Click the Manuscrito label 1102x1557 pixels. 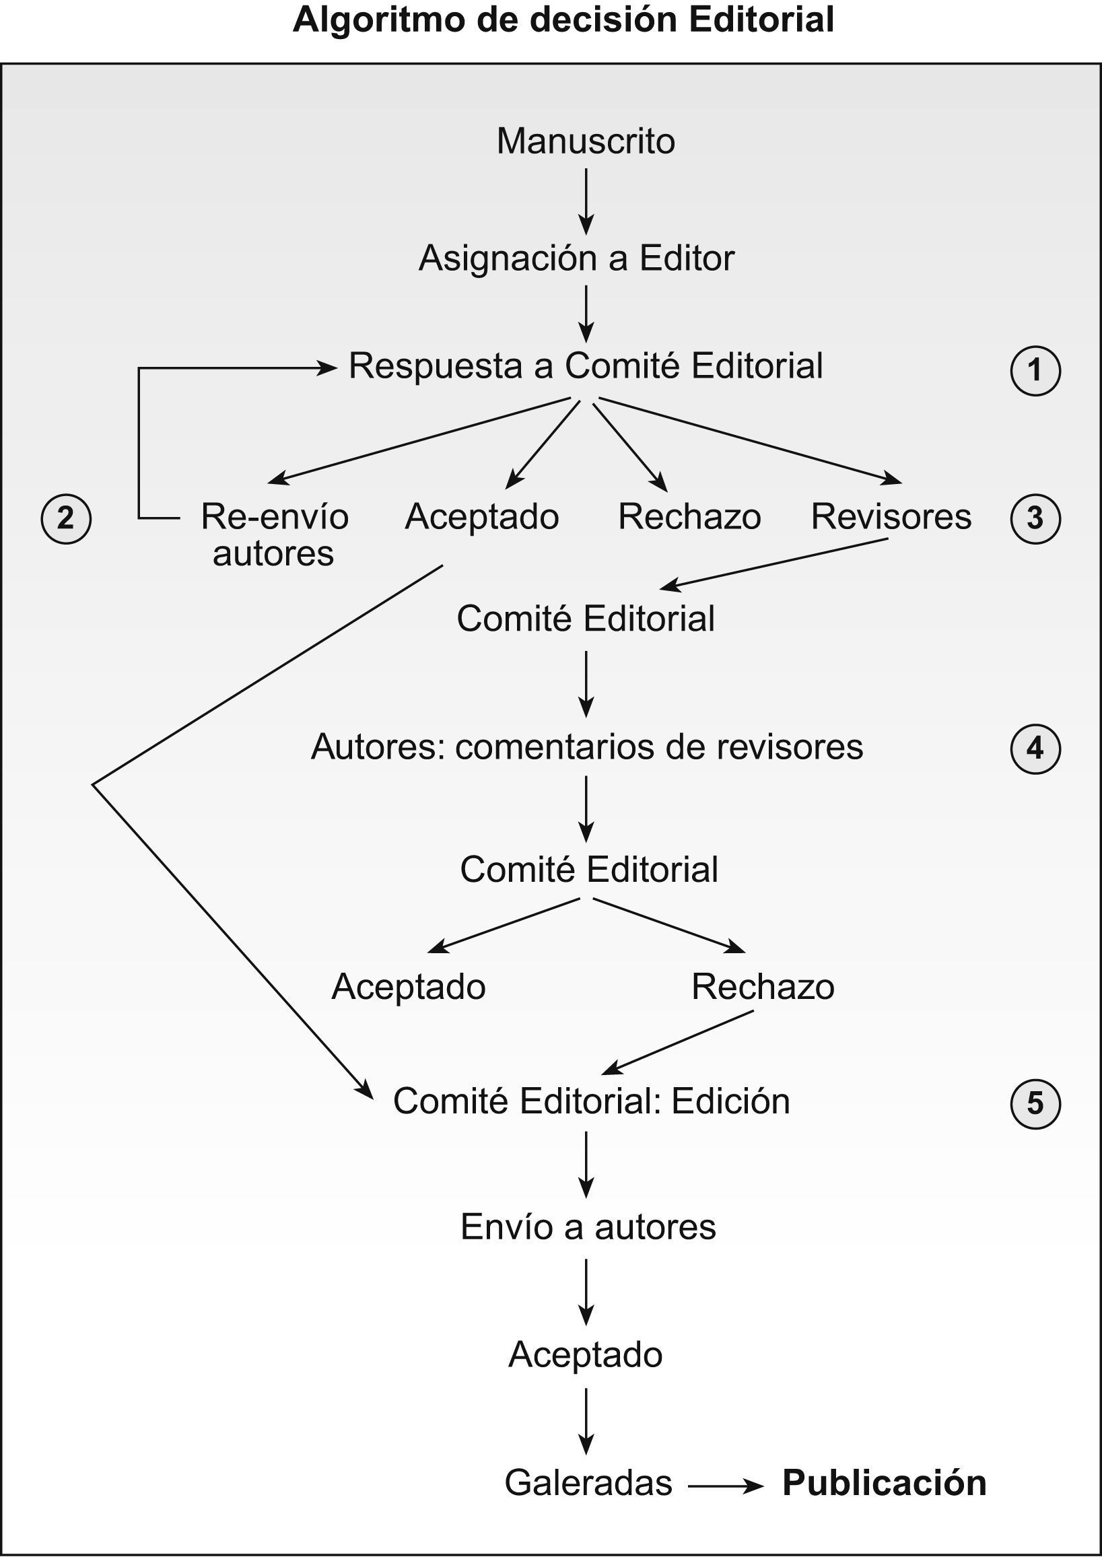pos(586,141)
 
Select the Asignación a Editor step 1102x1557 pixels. pos(576,258)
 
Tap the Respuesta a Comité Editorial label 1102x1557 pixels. pos(586,366)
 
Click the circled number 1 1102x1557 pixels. pos(1035,370)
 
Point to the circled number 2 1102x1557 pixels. pos(66,518)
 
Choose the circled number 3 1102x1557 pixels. pos(1035,518)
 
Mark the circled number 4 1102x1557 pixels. pos(1035,749)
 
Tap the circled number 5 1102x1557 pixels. pos(1035,1103)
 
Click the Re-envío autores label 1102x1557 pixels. pos(274,534)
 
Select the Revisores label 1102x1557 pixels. pos(891,516)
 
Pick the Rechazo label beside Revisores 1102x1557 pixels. pos(689,516)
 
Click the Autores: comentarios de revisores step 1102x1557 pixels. pos(587,747)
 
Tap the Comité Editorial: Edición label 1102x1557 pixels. pos(591,1101)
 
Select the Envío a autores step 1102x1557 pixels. pos(588,1226)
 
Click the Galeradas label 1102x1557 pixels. pos(588,1482)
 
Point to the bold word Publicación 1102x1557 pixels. pos(884,1482)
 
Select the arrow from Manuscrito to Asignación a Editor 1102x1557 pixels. pos(586,201)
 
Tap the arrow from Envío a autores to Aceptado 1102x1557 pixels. pos(586,1291)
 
